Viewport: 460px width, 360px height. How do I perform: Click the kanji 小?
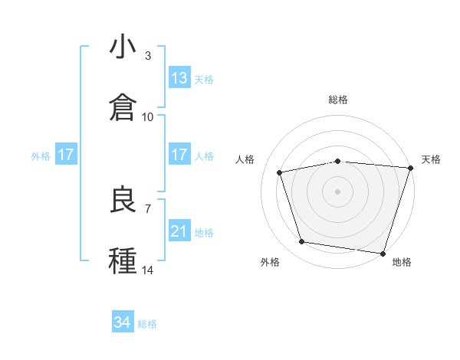[123, 47]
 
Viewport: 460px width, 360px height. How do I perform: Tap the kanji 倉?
[123, 108]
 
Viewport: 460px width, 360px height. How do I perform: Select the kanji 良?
[123, 200]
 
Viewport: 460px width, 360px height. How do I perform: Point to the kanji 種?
[123, 261]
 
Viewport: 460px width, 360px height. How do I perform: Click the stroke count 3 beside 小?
[148, 56]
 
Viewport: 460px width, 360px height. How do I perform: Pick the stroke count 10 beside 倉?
[148, 117]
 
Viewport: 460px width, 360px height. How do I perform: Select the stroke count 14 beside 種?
[148, 270]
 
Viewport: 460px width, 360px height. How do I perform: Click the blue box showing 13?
[179, 78]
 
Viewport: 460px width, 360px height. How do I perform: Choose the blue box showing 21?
[179, 231]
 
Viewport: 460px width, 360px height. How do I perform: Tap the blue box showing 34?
[123, 323]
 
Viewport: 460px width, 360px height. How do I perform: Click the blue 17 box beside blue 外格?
[66, 155]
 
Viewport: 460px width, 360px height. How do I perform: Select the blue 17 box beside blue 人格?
[179, 155]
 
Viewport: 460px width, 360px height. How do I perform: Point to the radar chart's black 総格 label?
[338, 100]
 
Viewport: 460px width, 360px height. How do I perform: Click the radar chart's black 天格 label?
[431, 159]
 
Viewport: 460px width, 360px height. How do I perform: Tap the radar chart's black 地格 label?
[402, 263]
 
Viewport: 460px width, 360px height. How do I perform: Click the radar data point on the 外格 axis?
[302, 242]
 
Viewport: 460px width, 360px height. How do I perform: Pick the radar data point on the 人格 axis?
[280, 172]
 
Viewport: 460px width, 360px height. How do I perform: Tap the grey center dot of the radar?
[338, 191]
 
